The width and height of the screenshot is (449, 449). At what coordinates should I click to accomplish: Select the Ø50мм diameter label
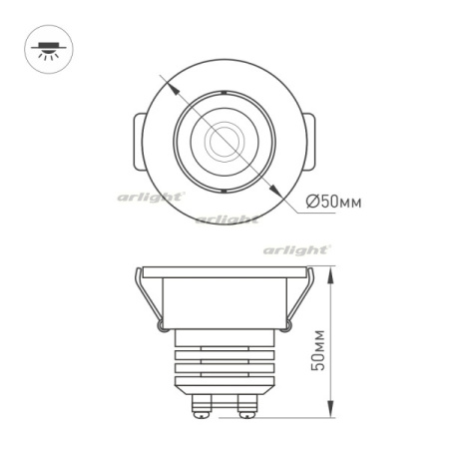(x=333, y=202)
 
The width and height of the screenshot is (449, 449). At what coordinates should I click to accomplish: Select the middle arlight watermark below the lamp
(x=227, y=219)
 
